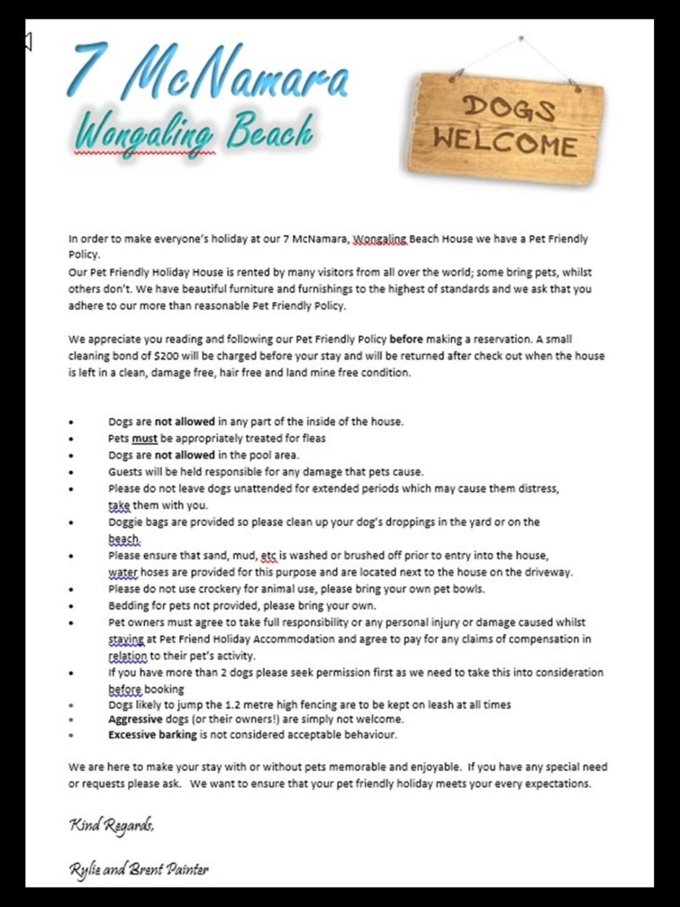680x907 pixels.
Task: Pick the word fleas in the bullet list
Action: (313, 439)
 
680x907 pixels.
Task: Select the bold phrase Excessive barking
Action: (152, 735)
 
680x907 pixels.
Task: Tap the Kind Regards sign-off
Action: (111, 825)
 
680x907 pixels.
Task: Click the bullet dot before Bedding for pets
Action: (72, 606)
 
